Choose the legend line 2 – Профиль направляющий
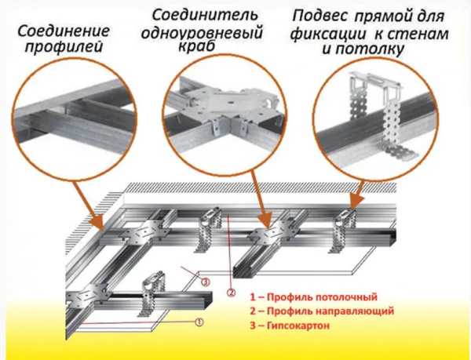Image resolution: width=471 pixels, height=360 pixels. click(321, 311)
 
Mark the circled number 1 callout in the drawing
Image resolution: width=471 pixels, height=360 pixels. click(199, 322)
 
